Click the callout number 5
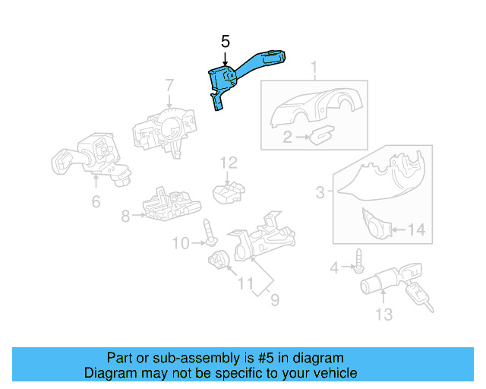pos(225,41)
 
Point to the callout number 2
pos(287,138)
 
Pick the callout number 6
pos(96,201)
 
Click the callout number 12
pos(229,162)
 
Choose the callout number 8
pos(125,216)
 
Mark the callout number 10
pos(179,243)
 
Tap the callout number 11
pos(245,284)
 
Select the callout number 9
pos(274,300)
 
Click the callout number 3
pos(320,194)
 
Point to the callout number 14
pos(418,229)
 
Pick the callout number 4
pos(333,267)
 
